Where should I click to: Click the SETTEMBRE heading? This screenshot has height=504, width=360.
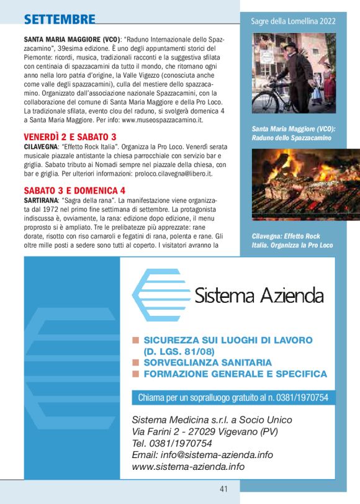[60, 20]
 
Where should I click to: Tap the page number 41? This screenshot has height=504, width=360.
[223, 489]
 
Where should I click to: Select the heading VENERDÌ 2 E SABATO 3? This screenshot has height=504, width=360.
[70, 137]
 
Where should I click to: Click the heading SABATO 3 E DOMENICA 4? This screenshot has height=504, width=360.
[74, 190]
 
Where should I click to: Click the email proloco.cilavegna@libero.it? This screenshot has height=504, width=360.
[168, 174]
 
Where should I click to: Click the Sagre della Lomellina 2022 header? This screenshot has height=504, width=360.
[294, 21]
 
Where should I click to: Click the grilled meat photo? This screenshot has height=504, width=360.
[297, 184]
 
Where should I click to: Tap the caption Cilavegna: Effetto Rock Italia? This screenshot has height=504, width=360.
[292, 241]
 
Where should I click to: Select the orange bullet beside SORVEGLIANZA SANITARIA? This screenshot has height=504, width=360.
[135, 362]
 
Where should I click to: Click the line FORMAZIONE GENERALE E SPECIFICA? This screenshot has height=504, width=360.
[235, 374]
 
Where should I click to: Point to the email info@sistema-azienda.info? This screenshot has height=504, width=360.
[202, 454]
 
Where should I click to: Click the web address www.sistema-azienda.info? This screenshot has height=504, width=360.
[188, 467]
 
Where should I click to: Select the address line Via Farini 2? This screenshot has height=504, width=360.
[205, 431]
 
